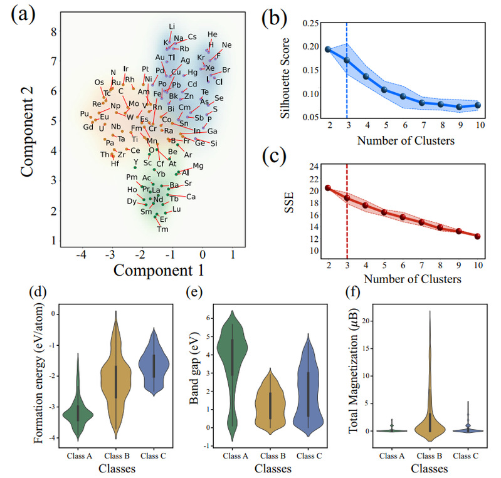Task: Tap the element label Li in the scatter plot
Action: click(x=172, y=26)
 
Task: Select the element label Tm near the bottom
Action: click(x=162, y=229)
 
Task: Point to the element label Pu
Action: click(x=85, y=113)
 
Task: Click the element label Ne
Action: click(x=226, y=45)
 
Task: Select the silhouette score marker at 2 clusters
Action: click(x=328, y=49)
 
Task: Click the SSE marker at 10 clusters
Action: click(x=478, y=236)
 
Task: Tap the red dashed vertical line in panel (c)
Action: click(x=347, y=226)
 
